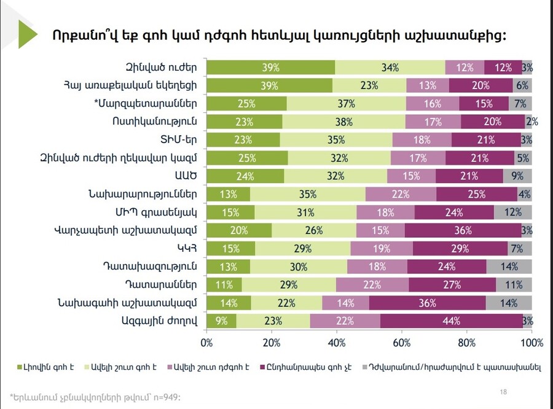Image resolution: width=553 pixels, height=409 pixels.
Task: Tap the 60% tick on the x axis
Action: (x=402, y=342)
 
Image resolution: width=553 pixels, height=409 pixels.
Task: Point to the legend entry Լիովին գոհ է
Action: (x=47, y=367)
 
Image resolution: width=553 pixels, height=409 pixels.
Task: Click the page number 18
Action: (x=503, y=391)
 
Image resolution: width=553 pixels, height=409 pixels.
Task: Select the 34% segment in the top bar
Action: (x=390, y=67)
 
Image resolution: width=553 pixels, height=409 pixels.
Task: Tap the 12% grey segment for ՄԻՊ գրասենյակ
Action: (x=513, y=212)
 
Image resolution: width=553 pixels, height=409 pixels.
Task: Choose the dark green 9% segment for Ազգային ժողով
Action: (x=221, y=321)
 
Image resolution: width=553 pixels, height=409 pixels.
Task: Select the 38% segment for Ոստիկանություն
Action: (x=344, y=122)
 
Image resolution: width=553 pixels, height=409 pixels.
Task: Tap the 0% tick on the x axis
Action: (x=206, y=342)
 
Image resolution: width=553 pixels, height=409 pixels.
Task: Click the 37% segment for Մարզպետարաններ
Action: (x=346, y=103)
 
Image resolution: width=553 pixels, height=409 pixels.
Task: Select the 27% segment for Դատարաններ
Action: (x=452, y=285)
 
